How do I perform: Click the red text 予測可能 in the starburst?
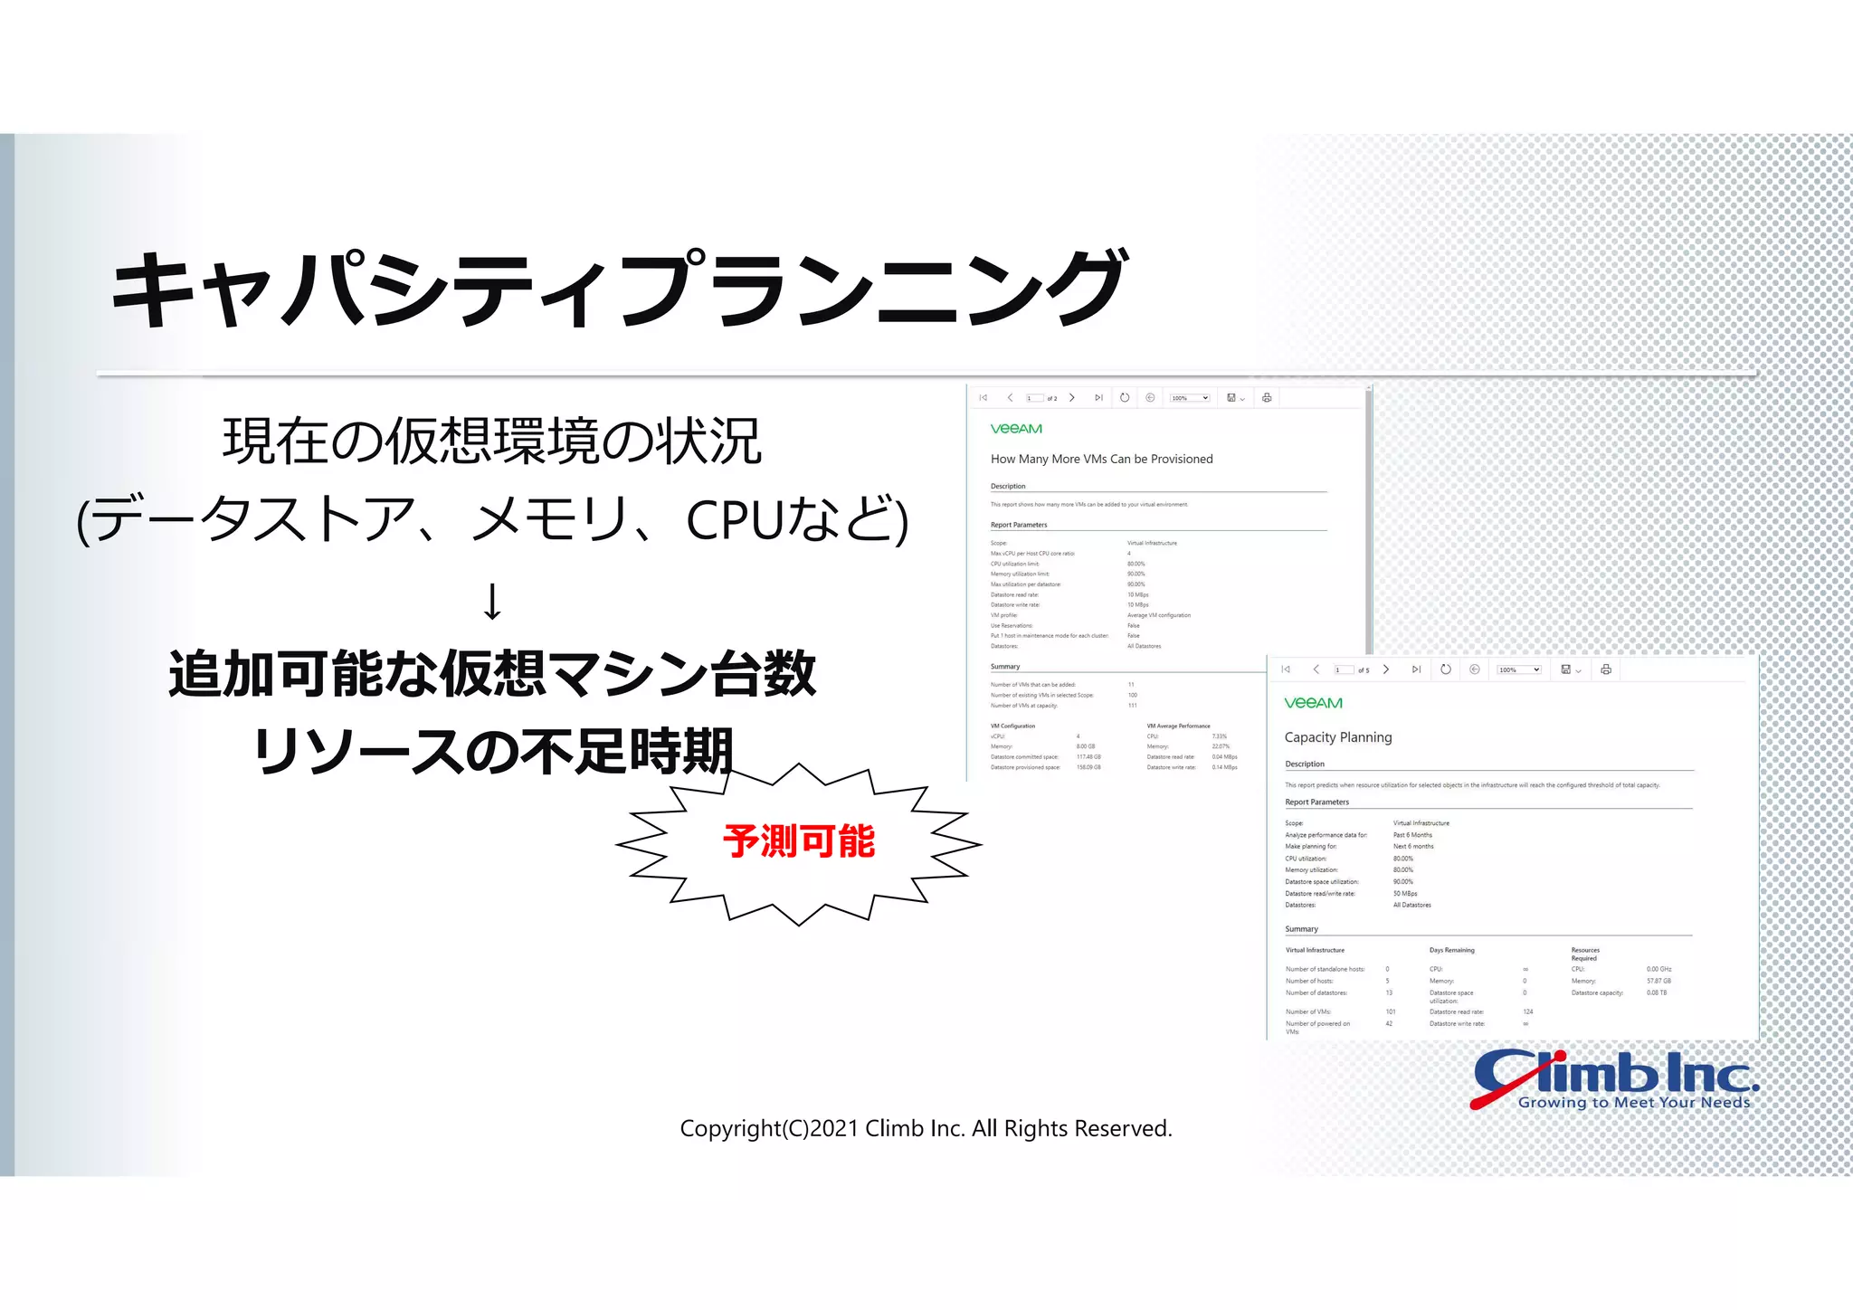(798, 841)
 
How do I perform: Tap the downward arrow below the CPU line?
(492, 602)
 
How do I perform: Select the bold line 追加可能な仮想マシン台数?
(492, 674)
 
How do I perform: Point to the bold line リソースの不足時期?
(492, 751)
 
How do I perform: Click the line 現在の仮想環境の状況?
(492, 441)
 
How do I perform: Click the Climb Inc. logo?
(1615, 1077)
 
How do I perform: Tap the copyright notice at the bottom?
(926, 1128)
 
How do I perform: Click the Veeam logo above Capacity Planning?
(1313, 703)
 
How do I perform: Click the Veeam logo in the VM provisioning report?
(1016, 429)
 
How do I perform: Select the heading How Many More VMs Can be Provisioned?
(1101, 459)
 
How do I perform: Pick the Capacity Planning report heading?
(1338, 737)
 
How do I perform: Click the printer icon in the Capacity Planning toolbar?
(1606, 669)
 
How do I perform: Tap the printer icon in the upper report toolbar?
(1267, 398)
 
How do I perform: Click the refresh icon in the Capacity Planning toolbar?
(1446, 669)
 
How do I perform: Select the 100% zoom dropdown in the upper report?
(1189, 398)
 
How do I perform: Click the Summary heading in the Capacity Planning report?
(1301, 929)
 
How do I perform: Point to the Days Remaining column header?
(1451, 950)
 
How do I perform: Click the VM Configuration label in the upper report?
(1012, 726)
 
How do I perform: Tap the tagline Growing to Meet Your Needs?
(1633, 1103)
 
